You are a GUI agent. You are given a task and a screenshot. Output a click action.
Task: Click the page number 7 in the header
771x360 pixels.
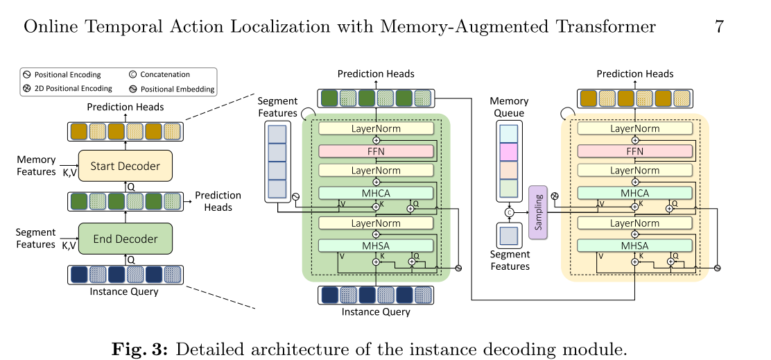click(x=719, y=27)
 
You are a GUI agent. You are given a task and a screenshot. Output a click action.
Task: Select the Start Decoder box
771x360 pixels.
click(x=125, y=166)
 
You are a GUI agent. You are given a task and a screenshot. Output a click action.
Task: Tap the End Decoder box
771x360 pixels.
click(x=125, y=239)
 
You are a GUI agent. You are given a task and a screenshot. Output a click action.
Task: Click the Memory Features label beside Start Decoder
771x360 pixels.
click(x=36, y=166)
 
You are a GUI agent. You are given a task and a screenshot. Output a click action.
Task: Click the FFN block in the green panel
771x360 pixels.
click(x=376, y=151)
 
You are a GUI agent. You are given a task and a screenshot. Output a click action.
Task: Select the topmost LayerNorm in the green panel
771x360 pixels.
click(x=376, y=128)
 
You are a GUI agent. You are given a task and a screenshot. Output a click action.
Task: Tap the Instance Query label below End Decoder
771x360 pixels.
click(x=124, y=291)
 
